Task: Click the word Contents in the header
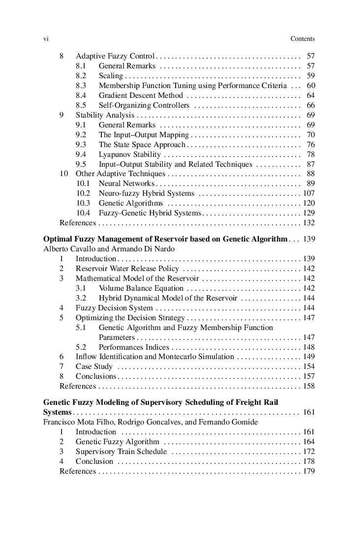pos(302,39)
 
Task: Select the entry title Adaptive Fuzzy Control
pos(115,56)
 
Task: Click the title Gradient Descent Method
pos(141,95)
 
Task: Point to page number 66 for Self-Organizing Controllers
pos(310,105)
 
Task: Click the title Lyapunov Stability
pos(130,154)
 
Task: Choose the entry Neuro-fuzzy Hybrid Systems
pos(147,193)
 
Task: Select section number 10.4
pos(83,213)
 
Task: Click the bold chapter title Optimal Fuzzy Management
pos(165,239)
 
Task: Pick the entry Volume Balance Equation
pos(141,288)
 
